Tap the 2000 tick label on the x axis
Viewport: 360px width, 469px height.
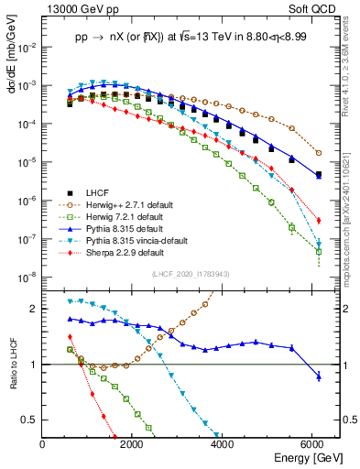point(134,444)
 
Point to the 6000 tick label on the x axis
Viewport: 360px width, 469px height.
point(315,444)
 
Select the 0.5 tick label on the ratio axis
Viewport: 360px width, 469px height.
point(30,420)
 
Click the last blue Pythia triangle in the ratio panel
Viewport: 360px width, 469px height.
point(319,376)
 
